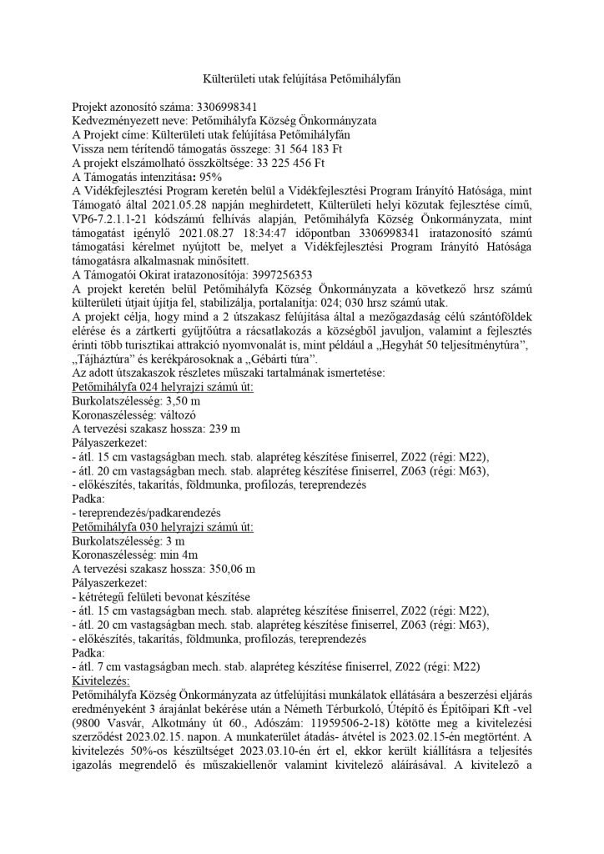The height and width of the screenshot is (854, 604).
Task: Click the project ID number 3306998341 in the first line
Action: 225,108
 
